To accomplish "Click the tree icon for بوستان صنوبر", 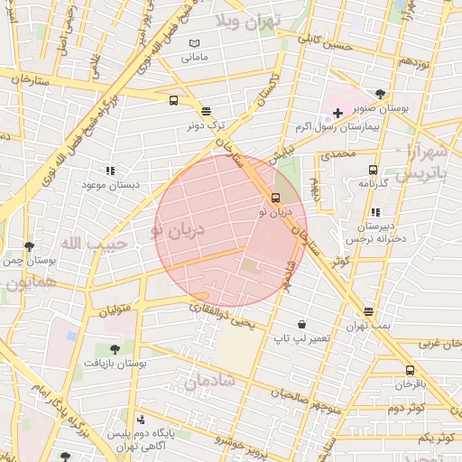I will pyautogui.click(x=380, y=94).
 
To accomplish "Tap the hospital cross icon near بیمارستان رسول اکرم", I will pyautogui.click(x=337, y=113).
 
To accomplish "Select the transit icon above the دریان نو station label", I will pyautogui.click(x=275, y=198).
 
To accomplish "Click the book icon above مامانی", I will pyautogui.click(x=194, y=43).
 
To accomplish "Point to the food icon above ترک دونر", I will pyautogui.click(x=207, y=111).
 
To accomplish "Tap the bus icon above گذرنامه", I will pyautogui.click(x=373, y=170).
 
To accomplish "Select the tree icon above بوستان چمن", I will pyautogui.click(x=30, y=245).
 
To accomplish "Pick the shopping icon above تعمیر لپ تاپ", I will pyautogui.click(x=300, y=324).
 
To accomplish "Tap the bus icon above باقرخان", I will pyautogui.click(x=410, y=370).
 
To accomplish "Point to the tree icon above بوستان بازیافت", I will pyautogui.click(x=114, y=348).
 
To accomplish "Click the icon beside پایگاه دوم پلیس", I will pyautogui.click(x=140, y=420).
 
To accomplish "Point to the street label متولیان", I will pyautogui.click(x=121, y=310).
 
